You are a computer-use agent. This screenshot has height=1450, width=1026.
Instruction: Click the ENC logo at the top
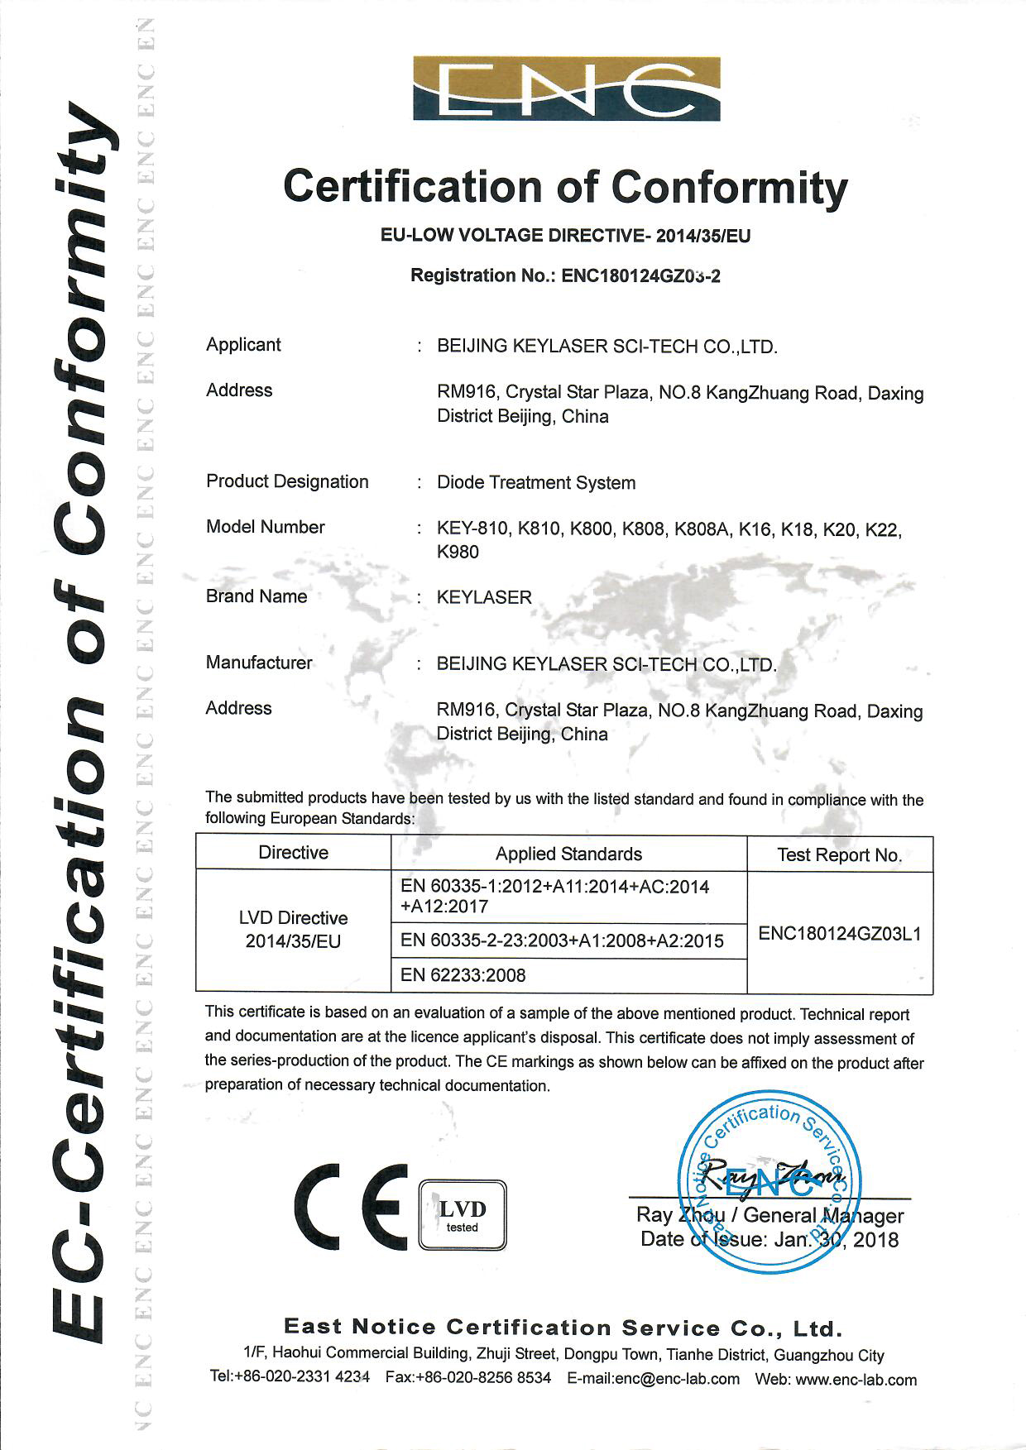(x=566, y=89)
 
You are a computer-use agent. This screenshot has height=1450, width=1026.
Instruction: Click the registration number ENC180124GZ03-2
(x=640, y=275)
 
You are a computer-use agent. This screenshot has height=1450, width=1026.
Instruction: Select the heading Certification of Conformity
(x=565, y=187)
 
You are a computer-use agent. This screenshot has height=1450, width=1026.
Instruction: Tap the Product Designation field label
(x=287, y=481)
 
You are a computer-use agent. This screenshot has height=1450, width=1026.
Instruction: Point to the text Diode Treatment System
(x=536, y=482)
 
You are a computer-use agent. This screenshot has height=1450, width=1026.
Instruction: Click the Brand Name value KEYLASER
(x=484, y=597)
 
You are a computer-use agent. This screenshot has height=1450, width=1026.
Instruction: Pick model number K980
(x=458, y=552)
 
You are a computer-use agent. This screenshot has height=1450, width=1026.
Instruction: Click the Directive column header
(x=293, y=853)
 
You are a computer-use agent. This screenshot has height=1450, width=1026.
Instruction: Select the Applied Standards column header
(x=568, y=854)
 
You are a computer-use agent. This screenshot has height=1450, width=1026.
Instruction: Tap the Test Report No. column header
(x=839, y=855)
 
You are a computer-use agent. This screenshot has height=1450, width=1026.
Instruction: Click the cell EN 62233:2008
(x=463, y=975)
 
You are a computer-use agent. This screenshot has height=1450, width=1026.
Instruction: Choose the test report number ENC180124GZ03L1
(x=839, y=934)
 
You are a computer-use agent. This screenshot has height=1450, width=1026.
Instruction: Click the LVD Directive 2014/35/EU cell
(x=293, y=930)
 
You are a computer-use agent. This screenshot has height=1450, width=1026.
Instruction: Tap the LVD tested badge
(x=462, y=1214)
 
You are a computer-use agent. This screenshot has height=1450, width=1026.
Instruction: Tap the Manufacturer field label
(x=259, y=663)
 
